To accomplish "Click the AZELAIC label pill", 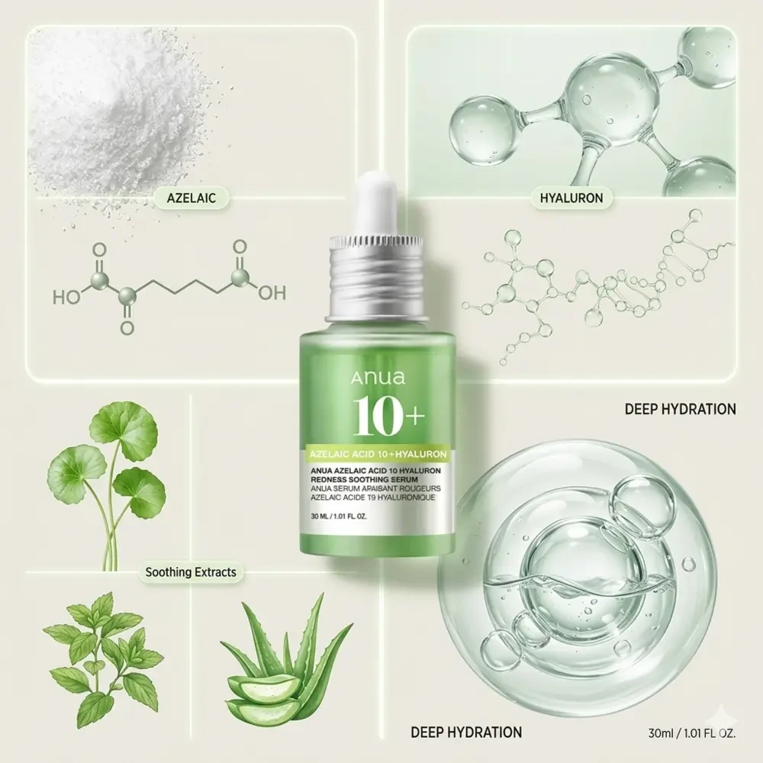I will tap(191, 199).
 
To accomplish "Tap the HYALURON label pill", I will tap(571, 198).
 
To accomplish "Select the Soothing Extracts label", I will tap(191, 571).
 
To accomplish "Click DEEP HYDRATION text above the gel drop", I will tap(680, 409).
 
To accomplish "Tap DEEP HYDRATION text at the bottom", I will tap(465, 732).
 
